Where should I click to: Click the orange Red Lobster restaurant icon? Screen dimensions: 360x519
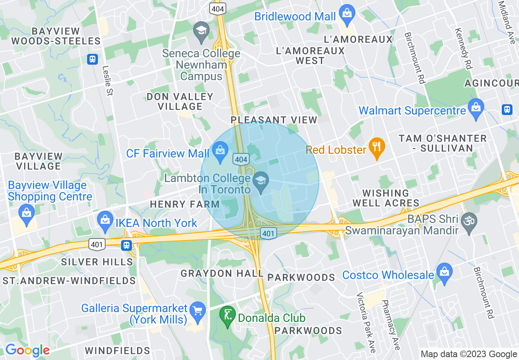[x=375, y=148]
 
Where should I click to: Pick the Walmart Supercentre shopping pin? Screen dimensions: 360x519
[x=476, y=108]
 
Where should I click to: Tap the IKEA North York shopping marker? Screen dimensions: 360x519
[x=105, y=221]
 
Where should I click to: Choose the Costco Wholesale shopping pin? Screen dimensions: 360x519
[x=444, y=273]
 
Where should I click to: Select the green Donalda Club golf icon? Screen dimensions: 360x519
[x=228, y=316]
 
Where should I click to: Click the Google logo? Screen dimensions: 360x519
[x=27, y=350]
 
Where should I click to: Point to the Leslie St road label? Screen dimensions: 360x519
[x=107, y=81]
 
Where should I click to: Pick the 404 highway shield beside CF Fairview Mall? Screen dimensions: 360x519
[x=241, y=159]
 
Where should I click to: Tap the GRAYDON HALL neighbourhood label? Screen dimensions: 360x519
[x=222, y=273]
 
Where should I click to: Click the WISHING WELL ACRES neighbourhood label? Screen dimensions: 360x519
[x=386, y=198]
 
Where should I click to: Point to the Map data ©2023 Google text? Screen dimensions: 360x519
[x=469, y=354]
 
